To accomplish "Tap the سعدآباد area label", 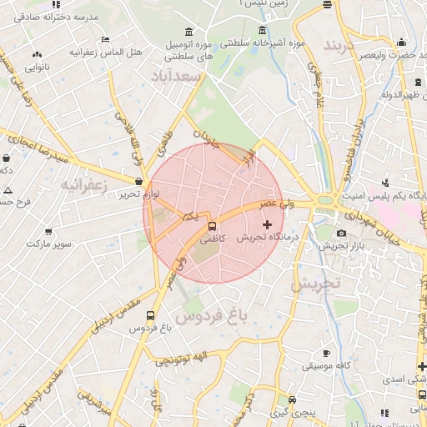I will click(177, 78).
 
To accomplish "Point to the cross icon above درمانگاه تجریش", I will click(267, 224).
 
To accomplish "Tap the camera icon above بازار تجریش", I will click(341, 233).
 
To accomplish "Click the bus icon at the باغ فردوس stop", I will click(150, 316).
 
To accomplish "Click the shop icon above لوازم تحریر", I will click(138, 180).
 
